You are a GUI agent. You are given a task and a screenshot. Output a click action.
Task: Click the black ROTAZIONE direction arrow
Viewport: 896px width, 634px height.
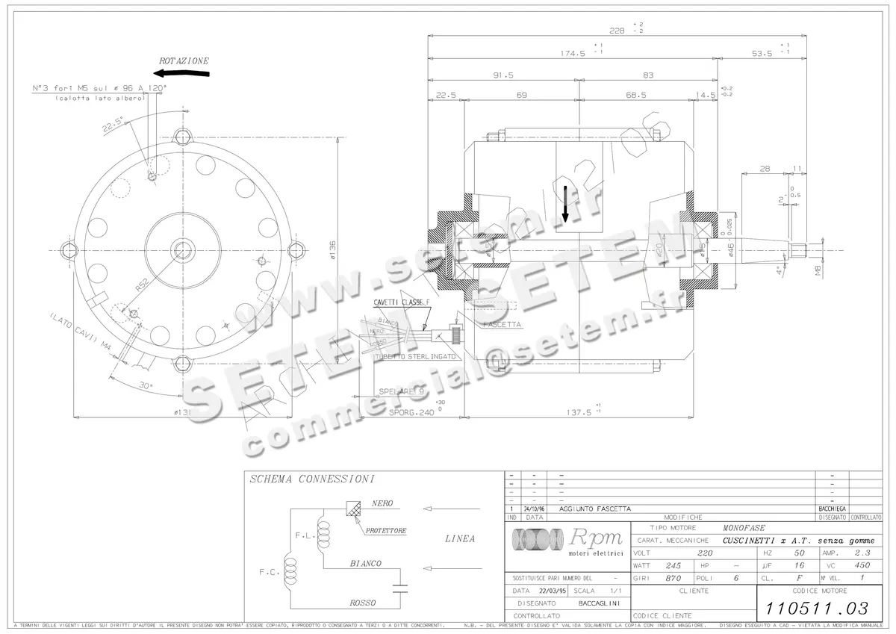coord(182,73)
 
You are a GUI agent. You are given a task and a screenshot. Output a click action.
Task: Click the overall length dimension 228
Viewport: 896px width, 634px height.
coord(617,31)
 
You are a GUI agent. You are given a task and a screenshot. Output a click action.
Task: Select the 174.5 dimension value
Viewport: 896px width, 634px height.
coord(573,53)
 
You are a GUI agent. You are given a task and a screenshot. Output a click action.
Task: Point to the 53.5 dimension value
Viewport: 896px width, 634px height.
coord(762,53)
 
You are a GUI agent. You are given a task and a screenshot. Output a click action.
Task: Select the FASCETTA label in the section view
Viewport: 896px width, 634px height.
coord(501,326)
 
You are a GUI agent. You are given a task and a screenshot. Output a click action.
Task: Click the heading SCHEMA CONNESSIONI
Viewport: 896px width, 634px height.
coord(312,479)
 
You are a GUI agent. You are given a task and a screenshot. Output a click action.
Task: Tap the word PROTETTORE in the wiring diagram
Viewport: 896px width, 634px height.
coord(386,531)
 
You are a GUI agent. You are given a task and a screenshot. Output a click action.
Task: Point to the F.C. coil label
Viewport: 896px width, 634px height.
coord(269,572)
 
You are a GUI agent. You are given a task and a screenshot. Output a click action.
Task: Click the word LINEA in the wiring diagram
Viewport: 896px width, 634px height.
coord(459,538)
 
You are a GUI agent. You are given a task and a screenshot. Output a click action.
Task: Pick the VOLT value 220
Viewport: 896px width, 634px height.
coord(704,553)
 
